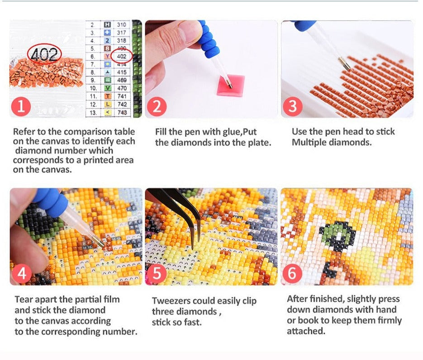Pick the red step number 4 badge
coord(22,273)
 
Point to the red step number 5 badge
coord(157,273)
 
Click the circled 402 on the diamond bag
coord(44,54)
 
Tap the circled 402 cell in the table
coord(122,56)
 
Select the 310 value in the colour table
coord(121,24)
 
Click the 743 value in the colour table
coord(122,112)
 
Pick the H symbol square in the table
coord(107,24)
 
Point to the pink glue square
coord(231,85)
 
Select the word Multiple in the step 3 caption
coord(309,142)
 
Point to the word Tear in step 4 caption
coord(24,299)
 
